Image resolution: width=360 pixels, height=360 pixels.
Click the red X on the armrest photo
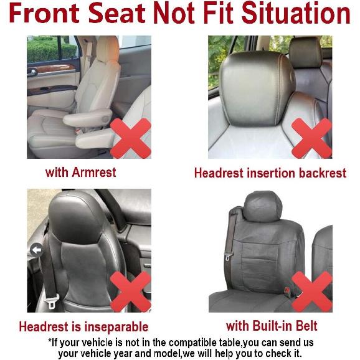coord(130,138)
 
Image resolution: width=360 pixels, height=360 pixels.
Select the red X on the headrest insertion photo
coord(311,138)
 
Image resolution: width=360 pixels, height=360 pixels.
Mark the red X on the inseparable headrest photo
coord(130,291)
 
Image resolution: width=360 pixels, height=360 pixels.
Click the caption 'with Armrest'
coord(80,172)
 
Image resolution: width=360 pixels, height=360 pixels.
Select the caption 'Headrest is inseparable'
coord(83,326)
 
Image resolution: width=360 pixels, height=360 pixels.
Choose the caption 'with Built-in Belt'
coord(272,326)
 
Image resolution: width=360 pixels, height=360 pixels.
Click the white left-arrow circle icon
coord(36,250)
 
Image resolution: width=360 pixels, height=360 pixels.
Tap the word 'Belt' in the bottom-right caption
coord(304,326)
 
